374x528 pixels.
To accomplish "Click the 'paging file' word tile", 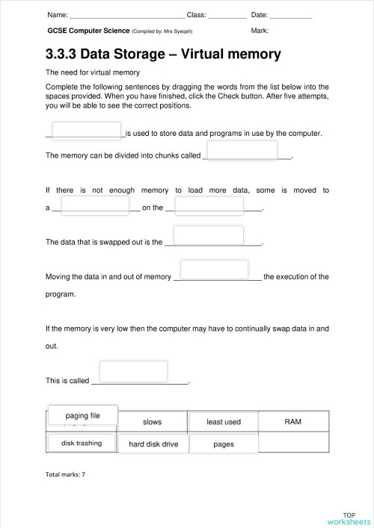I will click(82, 415).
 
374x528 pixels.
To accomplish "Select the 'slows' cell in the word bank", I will click(152, 422).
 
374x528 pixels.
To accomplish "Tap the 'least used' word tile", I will click(224, 422).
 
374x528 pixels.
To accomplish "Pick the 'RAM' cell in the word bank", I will click(293, 422).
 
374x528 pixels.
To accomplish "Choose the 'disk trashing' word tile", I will click(82, 443).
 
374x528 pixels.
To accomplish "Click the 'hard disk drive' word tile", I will click(153, 444).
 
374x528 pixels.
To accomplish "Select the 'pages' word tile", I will click(224, 444).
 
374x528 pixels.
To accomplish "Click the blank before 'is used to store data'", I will click(87, 131).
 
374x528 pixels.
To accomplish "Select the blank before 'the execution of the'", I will click(214, 270).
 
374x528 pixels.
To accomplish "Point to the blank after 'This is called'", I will click(133, 371).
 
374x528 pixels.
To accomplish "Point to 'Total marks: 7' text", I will click(66, 474).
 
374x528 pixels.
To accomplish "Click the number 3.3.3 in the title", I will click(61, 55).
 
